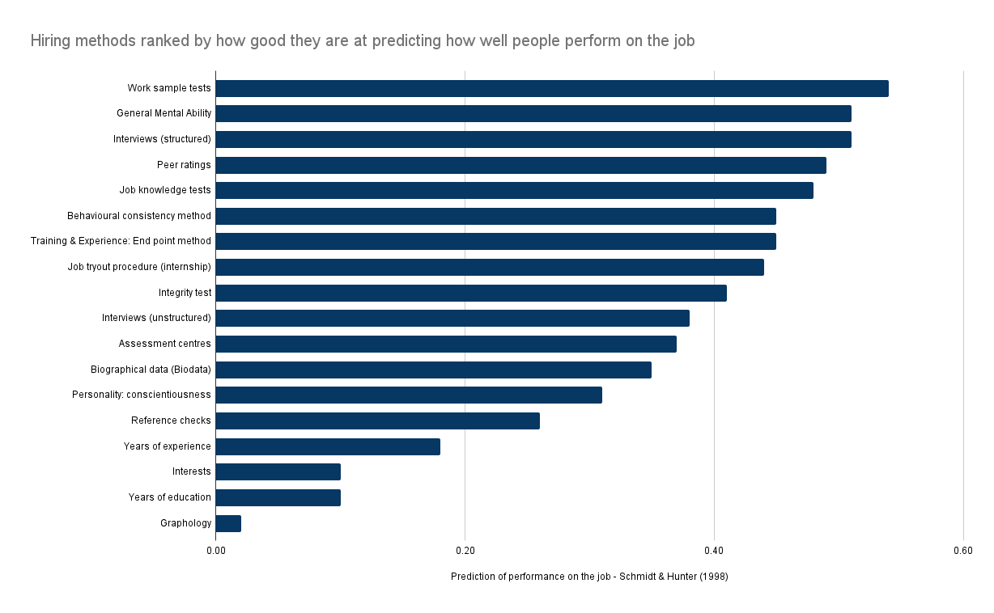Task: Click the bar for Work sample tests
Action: click(x=552, y=88)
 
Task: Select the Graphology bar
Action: click(x=228, y=523)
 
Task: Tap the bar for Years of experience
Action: click(x=328, y=446)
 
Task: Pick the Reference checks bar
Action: click(x=377, y=421)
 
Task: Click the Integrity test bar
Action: click(x=471, y=293)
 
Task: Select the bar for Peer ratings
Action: click(x=520, y=165)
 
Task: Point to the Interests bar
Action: click(x=278, y=471)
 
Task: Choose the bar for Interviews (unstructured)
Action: click(x=452, y=319)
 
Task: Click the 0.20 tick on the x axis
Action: click(x=465, y=551)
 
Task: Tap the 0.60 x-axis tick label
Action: click(x=962, y=551)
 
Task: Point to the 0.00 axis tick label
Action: click(x=215, y=551)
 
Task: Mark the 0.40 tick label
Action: click(x=714, y=551)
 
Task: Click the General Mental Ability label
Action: click(x=164, y=113)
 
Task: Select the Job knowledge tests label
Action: click(x=165, y=190)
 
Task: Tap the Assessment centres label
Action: click(x=164, y=344)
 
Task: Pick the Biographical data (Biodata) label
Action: click(x=151, y=370)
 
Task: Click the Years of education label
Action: click(x=169, y=497)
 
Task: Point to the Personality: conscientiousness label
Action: click(x=141, y=395)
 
